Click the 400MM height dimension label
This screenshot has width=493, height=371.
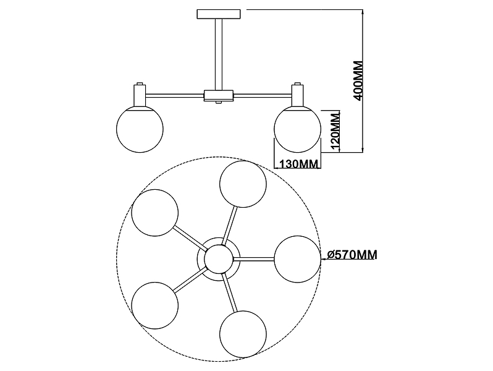[x=359, y=80]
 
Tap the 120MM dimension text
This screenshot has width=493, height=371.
[x=336, y=131]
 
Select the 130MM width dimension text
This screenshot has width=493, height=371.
[x=298, y=164]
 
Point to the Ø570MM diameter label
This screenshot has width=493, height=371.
[x=352, y=255]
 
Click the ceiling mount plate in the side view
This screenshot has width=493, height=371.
[x=219, y=14]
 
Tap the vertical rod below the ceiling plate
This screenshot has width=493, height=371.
[x=219, y=54]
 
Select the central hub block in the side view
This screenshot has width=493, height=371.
[x=219, y=95]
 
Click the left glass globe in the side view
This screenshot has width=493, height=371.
[x=140, y=129]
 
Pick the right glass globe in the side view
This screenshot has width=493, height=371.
[x=297, y=129]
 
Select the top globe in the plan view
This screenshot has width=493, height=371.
[x=243, y=184]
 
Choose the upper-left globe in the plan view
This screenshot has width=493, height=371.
[x=155, y=213]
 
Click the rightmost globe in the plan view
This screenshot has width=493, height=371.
[x=297, y=259]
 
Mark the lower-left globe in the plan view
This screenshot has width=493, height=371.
[x=155, y=305]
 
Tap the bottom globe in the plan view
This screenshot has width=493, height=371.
[x=243, y=334]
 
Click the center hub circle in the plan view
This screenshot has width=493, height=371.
[x=219, y=259]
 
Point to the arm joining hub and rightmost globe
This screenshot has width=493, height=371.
[x=254, y=259]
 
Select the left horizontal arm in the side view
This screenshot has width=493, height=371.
[x=174, y=95]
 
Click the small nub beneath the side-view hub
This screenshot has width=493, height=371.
[x=219, y=102]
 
